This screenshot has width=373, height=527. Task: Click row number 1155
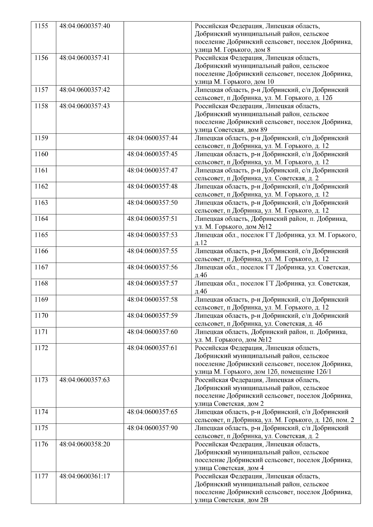[x=41, y=26]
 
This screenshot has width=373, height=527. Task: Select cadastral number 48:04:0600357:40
[x=85, y=26]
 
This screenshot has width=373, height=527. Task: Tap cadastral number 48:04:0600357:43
[x=85, y=106]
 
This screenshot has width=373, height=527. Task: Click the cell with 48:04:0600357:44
[x=152, y=138]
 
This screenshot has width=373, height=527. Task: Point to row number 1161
[x=41, y=170]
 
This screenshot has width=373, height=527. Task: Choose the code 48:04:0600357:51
[x=152, y=219]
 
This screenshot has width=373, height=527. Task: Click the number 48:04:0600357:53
[x=152, y=235]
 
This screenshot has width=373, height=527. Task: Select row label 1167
[x=41, y=267]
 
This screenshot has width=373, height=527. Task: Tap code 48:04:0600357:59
[x=152, y=316]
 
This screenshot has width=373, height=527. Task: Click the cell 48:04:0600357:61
[x=152, y=348]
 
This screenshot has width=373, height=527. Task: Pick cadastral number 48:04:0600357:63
[x=85, y=380]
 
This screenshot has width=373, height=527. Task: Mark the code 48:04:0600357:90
[x=152, y=428]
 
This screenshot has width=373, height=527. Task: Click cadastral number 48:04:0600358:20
[x=85, y=444]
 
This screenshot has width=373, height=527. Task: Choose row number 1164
[x=41, y=219]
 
